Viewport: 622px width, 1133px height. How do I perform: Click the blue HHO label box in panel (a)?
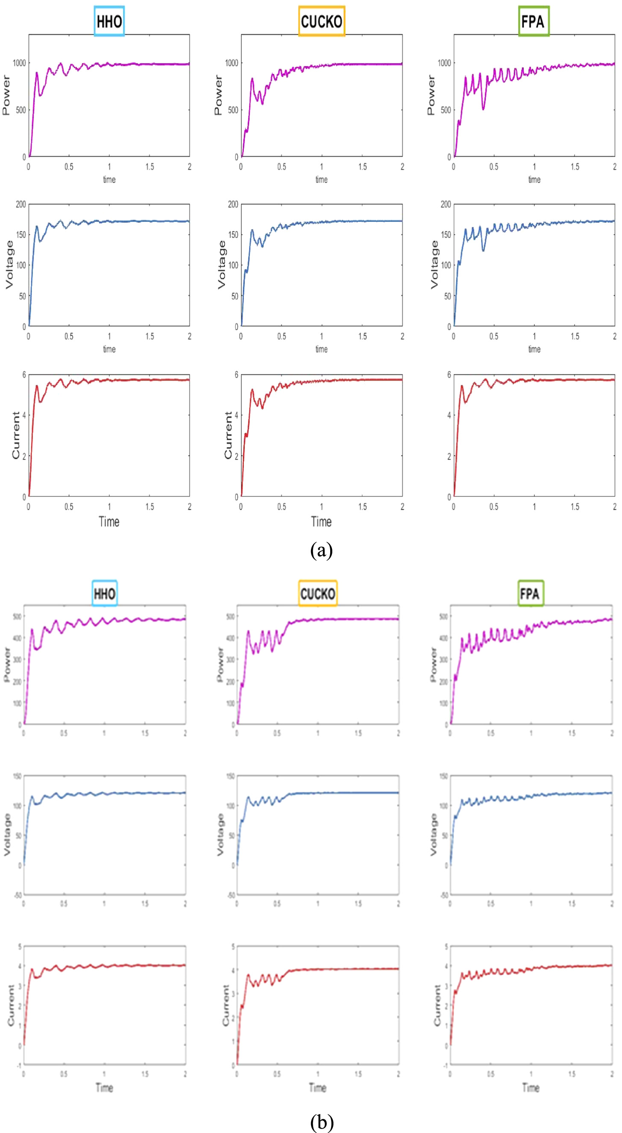109,21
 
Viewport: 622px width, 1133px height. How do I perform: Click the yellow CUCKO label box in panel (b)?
317,594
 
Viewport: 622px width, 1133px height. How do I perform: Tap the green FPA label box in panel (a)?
533,21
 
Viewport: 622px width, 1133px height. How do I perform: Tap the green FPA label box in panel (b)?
530,594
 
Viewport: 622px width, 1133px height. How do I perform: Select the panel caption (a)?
321,550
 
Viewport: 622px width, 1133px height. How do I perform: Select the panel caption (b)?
321,1121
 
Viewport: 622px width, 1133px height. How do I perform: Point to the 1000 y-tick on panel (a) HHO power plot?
19,63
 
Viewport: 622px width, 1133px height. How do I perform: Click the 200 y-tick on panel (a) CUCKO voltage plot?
232,204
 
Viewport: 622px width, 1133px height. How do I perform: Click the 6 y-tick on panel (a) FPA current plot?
449,375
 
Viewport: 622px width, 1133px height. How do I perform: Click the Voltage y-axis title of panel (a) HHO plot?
9,265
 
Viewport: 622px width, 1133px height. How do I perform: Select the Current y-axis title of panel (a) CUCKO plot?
228,435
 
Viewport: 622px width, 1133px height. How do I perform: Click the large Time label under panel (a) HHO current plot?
109,522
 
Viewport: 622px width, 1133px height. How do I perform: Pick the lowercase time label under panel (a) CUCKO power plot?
321,180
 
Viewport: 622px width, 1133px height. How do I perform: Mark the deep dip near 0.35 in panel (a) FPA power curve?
483,108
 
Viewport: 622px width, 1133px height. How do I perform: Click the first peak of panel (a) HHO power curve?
37,73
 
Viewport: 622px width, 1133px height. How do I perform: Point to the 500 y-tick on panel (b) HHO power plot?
17,616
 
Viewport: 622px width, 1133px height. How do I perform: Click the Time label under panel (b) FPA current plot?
531,1088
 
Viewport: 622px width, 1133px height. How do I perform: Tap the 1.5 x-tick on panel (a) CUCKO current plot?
362,507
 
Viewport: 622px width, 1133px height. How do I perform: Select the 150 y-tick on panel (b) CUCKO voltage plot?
230,776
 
